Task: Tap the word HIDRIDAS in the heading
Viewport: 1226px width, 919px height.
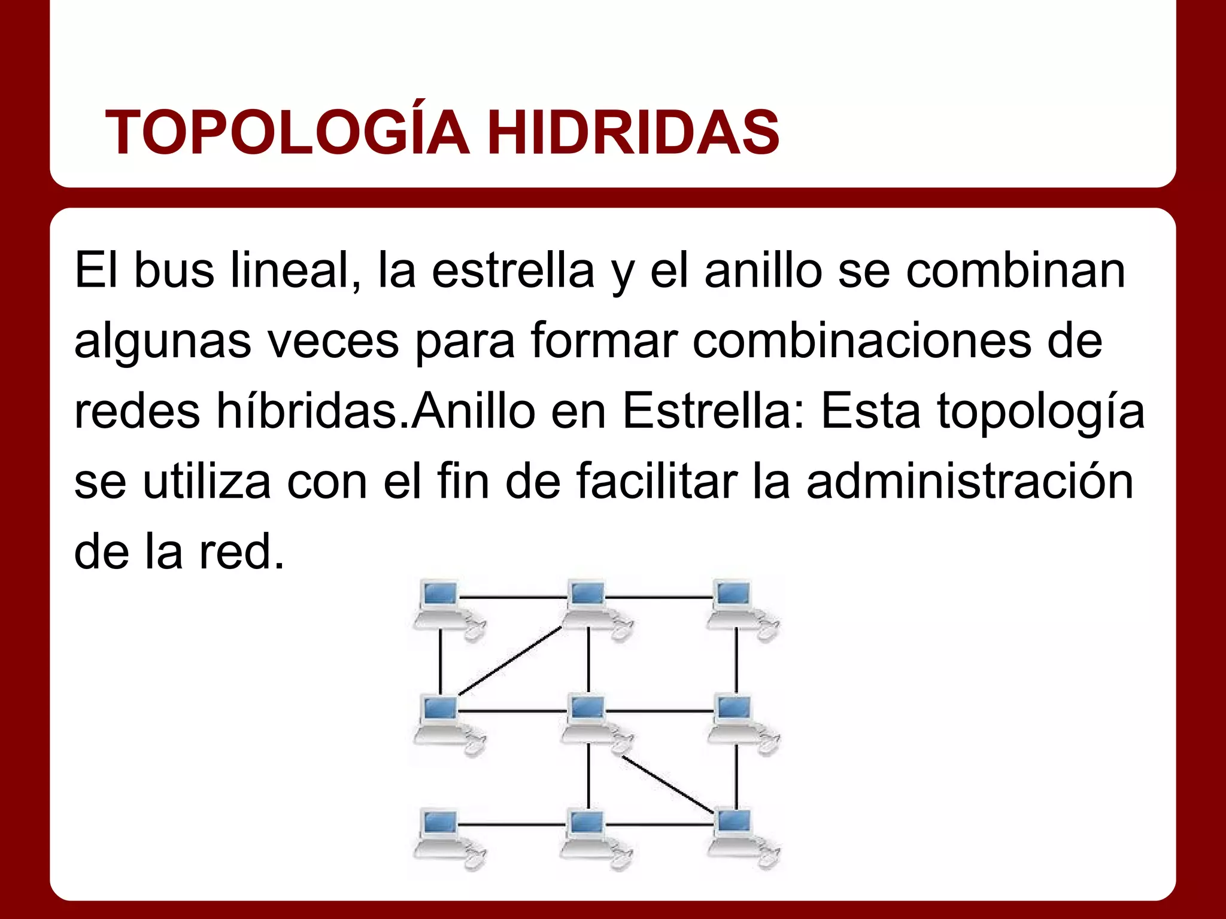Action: [x=633, y=133]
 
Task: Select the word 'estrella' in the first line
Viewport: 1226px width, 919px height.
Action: [x=513, y=270]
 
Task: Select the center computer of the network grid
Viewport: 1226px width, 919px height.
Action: [x=589, y=718]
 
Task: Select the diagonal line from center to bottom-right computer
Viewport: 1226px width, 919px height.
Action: [x=667, y=784]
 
